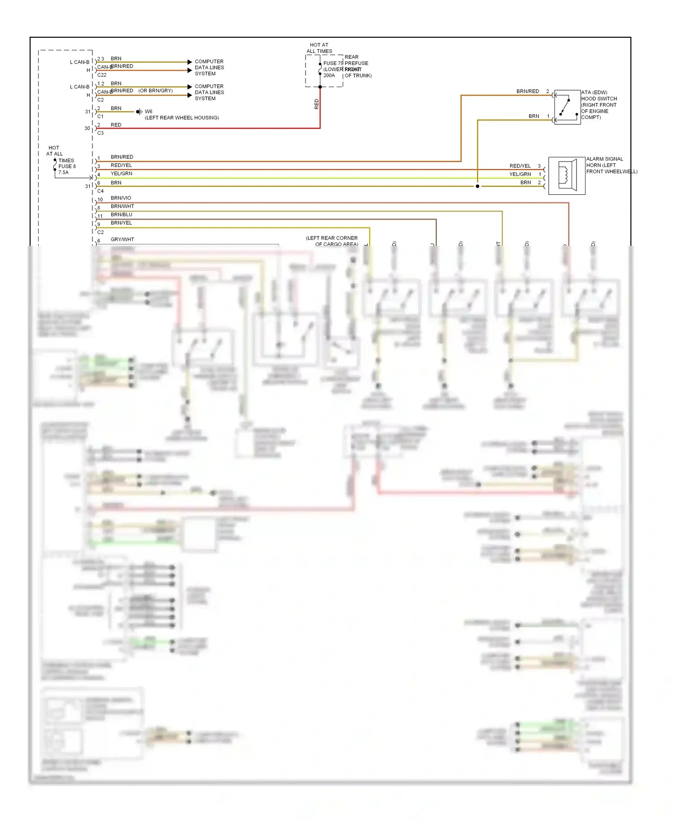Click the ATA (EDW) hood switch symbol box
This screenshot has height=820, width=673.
567,107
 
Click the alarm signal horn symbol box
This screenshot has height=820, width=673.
567,175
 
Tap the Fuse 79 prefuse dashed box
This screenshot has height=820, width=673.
324,71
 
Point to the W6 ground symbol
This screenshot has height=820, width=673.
139,112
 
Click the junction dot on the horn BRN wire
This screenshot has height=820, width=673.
477,186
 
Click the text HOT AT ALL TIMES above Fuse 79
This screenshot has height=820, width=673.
319,48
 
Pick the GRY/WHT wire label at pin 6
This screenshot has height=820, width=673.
122,240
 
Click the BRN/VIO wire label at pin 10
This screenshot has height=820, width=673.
121,198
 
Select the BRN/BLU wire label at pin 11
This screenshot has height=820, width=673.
121,215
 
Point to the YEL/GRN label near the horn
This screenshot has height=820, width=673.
520,174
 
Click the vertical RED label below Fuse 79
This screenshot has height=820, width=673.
316,104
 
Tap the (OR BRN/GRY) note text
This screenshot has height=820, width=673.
155,91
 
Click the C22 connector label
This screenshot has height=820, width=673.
102,75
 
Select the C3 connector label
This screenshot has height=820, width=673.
101,133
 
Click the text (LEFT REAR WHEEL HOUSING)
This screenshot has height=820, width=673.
182,118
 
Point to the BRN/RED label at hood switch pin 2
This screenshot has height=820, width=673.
528,92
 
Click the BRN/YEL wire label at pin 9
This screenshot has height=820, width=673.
121,223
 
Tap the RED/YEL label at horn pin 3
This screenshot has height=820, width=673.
520,166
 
